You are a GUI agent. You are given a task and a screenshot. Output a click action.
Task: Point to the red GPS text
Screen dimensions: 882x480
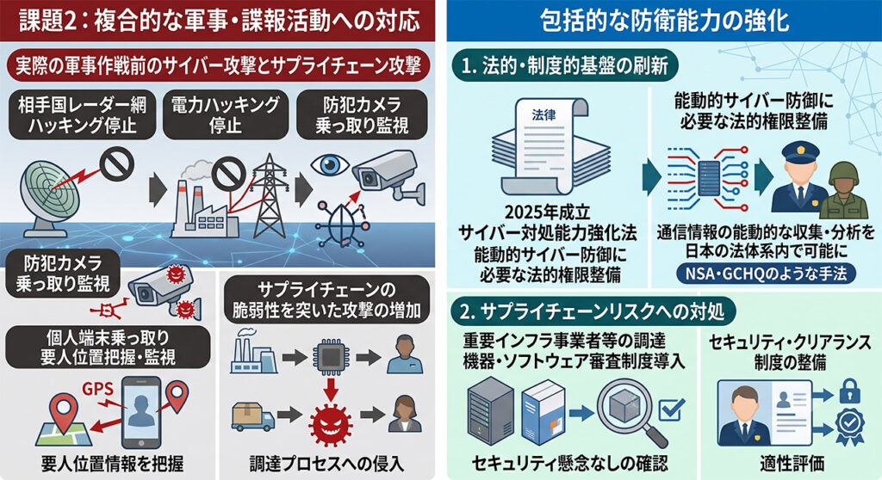click(x=98, y=389)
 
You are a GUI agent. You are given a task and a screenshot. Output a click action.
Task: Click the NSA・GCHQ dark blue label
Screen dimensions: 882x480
click(x=766, y=274)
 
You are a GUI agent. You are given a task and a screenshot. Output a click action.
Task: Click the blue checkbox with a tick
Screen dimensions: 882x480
click(x=671, y=409)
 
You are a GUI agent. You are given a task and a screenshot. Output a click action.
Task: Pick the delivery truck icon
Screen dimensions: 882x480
click(x=253, y=416)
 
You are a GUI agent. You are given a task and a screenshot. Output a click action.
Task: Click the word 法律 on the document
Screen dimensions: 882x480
click(x=543, y=115)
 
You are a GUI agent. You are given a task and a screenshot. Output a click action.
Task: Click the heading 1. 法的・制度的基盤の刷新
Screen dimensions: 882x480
click(x=565, y=66)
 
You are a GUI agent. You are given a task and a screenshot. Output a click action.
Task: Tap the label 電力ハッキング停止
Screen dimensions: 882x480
click(x=225, y=114)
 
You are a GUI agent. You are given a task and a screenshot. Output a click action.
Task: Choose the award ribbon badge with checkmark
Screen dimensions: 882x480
click(x=849, y=428)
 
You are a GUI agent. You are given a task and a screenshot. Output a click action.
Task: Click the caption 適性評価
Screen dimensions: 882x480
click(x=792, y=463)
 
